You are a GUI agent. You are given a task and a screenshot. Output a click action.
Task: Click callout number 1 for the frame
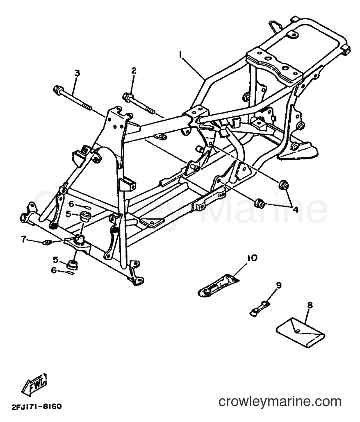point(180,54)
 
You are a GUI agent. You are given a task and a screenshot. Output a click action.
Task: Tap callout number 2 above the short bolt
point(134,71)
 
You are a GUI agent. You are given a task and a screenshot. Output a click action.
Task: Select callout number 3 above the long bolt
point(77,73)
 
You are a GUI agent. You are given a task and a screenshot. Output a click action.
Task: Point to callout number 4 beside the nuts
point(296,210)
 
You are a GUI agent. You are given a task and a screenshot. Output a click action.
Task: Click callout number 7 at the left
point(24,238)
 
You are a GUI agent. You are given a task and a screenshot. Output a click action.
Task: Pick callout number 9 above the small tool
point(278,285)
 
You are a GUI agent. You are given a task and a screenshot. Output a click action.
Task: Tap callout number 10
point(252,258)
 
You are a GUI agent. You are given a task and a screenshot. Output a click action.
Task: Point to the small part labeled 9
point(259,308)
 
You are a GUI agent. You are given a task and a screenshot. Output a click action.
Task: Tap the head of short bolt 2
point(127,97)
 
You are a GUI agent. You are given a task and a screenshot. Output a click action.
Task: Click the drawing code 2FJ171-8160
point(36,406)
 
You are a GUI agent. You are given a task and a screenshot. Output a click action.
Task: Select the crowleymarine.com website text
point(280,402)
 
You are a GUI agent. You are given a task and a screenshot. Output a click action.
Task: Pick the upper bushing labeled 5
point(84,216)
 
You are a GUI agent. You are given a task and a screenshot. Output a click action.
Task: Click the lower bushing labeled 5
point(73,265)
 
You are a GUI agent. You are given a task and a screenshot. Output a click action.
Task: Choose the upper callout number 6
point(71,204)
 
